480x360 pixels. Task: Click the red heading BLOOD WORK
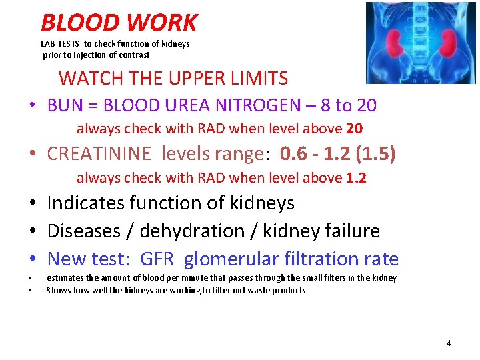coord(119,23)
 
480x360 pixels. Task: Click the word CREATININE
coord(99,155)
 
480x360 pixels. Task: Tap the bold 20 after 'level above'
coord(355,129)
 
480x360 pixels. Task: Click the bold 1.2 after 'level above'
coord(357,178)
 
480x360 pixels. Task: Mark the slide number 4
coord(449,343)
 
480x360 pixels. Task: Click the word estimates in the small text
coord(64,277)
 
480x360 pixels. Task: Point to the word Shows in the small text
coord(57,290)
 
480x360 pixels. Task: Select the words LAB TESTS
coord(60,43)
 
